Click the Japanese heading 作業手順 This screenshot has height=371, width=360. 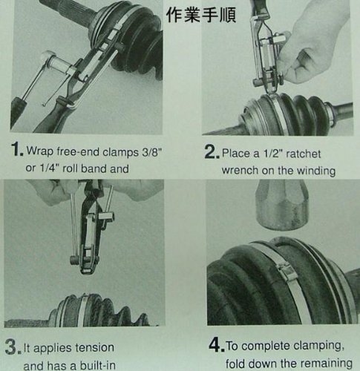click(201, 15)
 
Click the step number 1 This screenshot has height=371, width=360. click(17, 149)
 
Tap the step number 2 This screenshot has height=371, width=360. click(212, 151)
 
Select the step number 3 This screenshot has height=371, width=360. click(13, 347)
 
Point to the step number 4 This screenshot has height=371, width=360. click(217, 345)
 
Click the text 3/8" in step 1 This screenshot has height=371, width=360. click(151, 151)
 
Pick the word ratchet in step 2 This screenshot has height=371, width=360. click(303, 154)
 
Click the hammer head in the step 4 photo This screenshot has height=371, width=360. click(281, 205)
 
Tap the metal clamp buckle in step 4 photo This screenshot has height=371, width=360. click(286, 272)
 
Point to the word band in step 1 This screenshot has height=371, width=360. click(94, 168)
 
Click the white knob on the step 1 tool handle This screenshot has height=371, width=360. click(48, 57)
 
